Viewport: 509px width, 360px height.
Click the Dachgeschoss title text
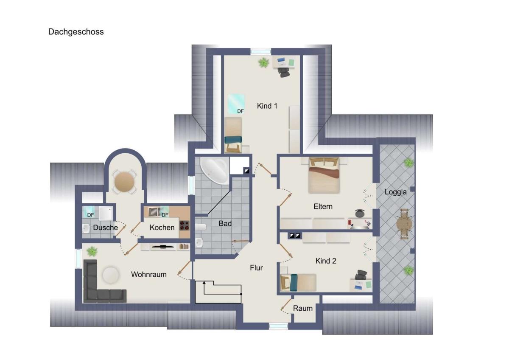[76, 32]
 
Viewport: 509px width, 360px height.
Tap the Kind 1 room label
[267, 106]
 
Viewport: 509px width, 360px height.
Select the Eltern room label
[323, 206]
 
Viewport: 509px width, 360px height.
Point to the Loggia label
[395, 192]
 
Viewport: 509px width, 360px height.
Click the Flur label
[256, 268]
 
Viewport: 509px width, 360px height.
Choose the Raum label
[303, 308]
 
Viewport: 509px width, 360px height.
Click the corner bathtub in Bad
[214, 171]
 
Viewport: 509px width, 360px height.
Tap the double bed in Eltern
[324, 175]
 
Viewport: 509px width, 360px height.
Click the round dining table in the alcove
[124, 182]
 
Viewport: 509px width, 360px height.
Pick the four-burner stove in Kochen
[184, 225]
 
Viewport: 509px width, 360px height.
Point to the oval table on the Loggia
[404, 224]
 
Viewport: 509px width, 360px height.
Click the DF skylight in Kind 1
[236, 104]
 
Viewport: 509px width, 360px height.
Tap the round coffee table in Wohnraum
[110, 275]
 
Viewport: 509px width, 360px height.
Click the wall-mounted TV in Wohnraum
[163, 246]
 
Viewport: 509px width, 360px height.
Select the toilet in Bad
[200, 227]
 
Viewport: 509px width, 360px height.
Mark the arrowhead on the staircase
[204, 283]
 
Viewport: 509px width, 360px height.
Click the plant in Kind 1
[263, 62]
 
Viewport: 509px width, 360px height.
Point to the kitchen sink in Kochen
[154, 212]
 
